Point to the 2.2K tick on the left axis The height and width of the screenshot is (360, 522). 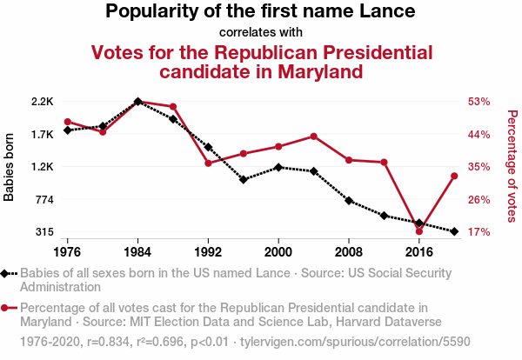(x=43, y=102)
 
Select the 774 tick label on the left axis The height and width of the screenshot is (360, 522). (x=44, y=200)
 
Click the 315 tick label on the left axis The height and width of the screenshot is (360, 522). (x=44, y=232)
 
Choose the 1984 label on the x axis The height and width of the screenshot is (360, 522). (x=137, y=251)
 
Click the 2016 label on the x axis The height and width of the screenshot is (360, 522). (x=419, y=251)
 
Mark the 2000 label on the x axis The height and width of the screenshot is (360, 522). (x=278, y=251)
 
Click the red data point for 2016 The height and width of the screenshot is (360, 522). (x=419, y=231)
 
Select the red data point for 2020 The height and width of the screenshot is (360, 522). (x=454, y=177)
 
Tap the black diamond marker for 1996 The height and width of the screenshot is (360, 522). (x=244, y=179)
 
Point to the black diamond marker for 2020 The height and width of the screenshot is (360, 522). (x=454, y=231)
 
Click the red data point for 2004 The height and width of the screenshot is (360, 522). (x=313, y=137)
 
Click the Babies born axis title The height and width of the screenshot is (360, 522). (x=10, y=167)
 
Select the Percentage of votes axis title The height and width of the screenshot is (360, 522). (x=512, y=167)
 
